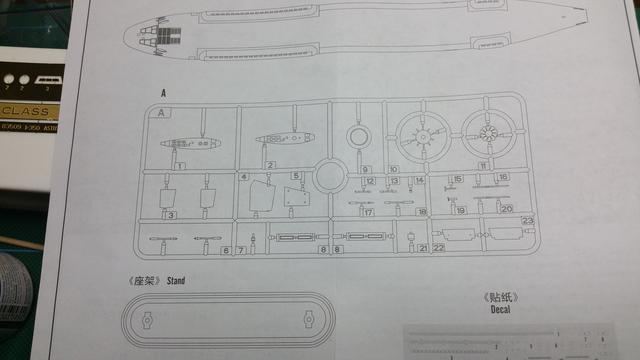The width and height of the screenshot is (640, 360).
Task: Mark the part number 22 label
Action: click(x=438, y=247)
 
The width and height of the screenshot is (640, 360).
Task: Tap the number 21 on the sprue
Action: click(x=423, y=247)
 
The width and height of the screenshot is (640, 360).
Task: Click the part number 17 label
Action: click(x=368, y=212)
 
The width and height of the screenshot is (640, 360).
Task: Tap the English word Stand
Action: click(x=177, y=281)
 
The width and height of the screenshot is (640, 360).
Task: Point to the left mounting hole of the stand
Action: click(x=147, y=322)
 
